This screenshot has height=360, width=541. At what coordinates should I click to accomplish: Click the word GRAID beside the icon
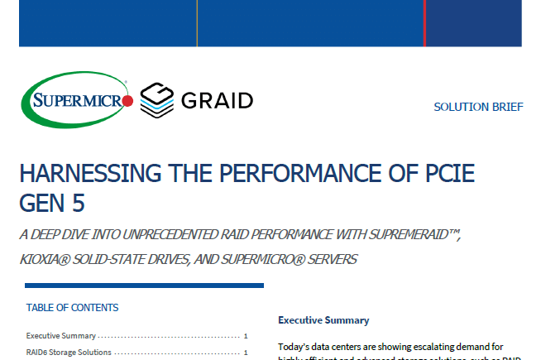point(217,101)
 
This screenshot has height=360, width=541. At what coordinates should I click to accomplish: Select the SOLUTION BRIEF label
point(478,108)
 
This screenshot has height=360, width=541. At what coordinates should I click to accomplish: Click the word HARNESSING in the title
point(79,175)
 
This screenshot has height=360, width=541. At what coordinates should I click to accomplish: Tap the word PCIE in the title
point(446,175)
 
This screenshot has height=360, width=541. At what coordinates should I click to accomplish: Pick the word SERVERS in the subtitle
point(330,259)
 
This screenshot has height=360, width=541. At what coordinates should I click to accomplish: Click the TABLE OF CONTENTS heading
point(72,308)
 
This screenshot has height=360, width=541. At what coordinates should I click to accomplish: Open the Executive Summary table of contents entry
point(60,336)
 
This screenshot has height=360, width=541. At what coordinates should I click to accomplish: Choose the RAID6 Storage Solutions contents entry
point(69,353)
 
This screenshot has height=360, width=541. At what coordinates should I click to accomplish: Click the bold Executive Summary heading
point(323,320)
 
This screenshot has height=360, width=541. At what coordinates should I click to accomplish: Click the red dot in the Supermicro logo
point(128,101)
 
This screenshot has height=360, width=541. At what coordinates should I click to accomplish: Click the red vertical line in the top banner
point(424,23)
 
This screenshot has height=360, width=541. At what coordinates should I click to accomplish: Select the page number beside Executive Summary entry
point(247,336)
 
